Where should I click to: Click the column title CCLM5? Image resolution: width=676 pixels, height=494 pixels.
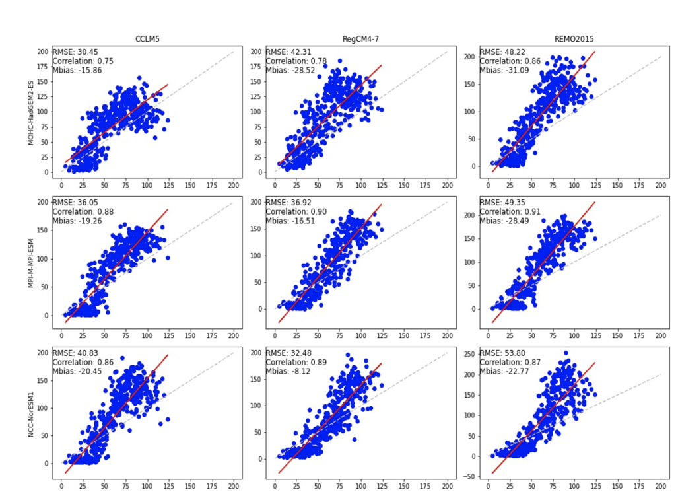[x=147, y=40]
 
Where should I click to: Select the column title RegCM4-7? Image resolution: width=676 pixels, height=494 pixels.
[x=360, y=40]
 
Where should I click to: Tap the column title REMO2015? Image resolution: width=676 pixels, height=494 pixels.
[x=574, y=40]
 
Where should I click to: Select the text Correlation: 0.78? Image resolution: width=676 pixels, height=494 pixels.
[x=298, y=61]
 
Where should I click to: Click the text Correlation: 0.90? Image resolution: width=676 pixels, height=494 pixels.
[x=298, y=212]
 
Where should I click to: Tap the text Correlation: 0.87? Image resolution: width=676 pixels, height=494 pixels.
[x=512, y=363]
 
